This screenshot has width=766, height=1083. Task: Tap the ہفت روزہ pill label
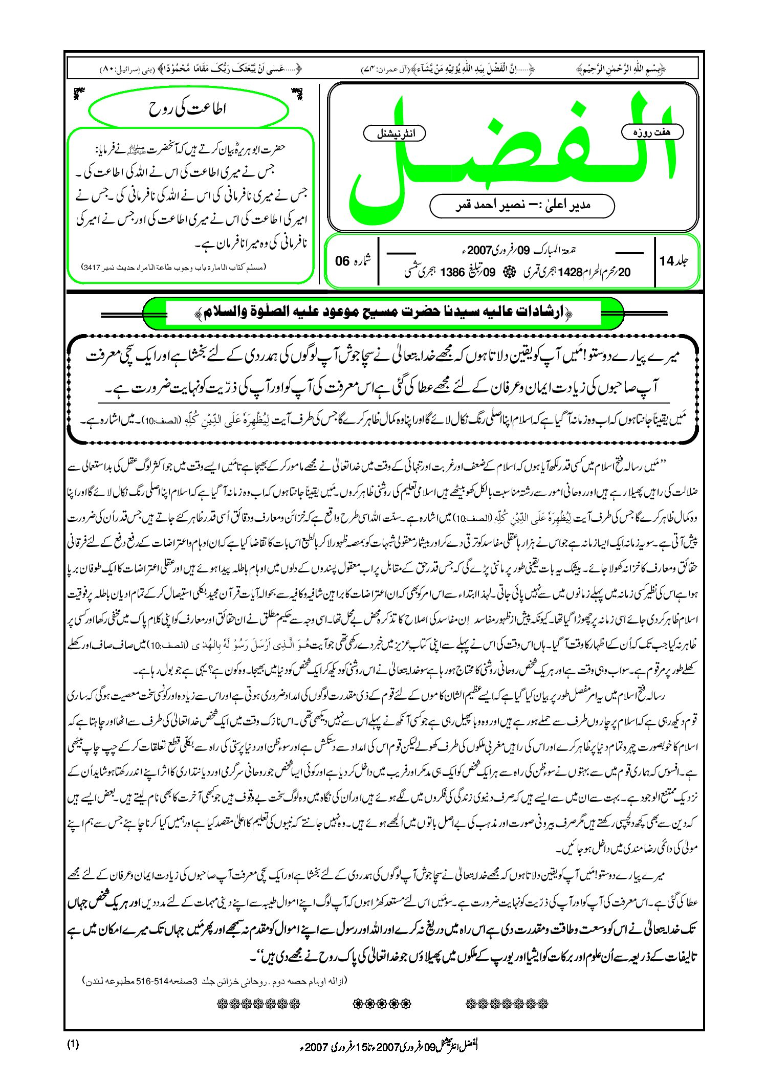click(652, 132)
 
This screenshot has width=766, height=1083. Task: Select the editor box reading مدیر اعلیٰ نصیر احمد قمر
click(522, 206)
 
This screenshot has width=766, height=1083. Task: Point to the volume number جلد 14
click(673, 261)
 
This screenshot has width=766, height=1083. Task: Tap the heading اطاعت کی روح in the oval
click(187, 109)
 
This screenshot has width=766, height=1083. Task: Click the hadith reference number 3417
click(92, 268)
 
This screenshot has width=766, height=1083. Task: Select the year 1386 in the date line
click(452, 273)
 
